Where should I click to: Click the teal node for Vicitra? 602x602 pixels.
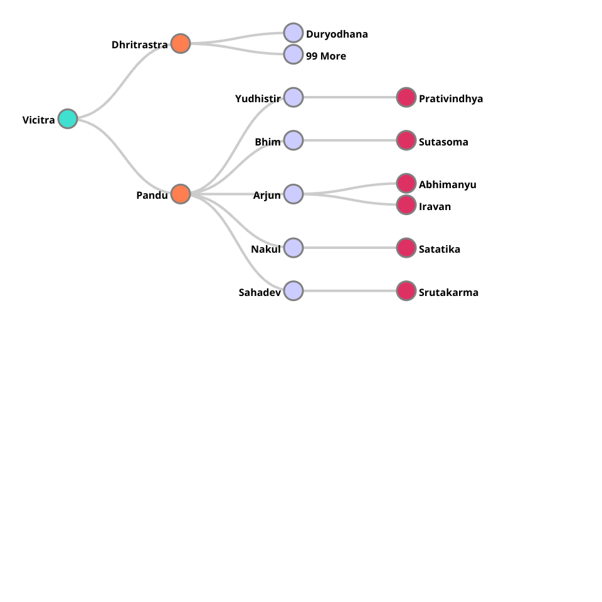68,119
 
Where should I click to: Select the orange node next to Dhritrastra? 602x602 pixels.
181,43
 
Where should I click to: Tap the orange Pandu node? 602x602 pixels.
181,194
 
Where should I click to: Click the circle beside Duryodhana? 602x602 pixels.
293,33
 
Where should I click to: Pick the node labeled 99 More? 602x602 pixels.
293,55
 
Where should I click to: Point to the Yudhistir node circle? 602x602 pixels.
293,97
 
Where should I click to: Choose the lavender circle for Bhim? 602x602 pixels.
293,140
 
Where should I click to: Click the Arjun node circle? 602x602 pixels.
293,194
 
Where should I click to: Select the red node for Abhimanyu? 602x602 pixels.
406,183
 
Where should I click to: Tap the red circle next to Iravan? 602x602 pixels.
406,205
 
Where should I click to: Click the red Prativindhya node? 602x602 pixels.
406,97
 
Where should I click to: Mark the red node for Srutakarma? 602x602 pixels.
406,291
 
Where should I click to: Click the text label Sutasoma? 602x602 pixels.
443,142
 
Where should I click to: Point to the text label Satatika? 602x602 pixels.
440,249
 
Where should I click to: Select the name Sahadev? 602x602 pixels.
260,292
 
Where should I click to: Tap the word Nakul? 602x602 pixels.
266,249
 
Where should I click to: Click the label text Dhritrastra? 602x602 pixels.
140,45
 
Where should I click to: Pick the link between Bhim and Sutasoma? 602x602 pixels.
350,140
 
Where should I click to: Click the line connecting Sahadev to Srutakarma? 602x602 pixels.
350,291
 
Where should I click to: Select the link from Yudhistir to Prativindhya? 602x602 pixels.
350,97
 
